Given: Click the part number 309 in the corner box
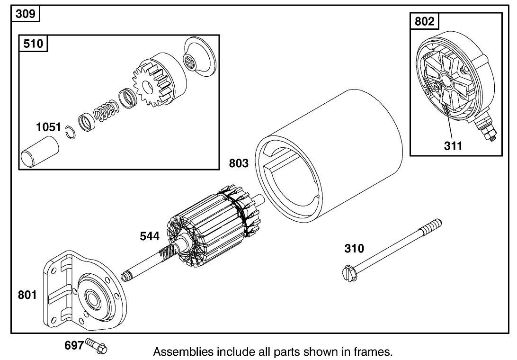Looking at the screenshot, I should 25,14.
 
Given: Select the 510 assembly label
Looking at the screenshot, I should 33,44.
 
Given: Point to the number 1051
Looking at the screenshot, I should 49,127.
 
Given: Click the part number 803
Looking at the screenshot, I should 239,163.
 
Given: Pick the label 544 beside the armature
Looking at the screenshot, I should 149,235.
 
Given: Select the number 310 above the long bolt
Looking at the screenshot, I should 354,248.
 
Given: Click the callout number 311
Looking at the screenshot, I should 453,146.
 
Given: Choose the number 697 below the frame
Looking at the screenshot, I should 74,345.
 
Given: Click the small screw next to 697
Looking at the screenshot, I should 97,347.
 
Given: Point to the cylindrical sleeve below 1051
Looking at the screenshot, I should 40,151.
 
